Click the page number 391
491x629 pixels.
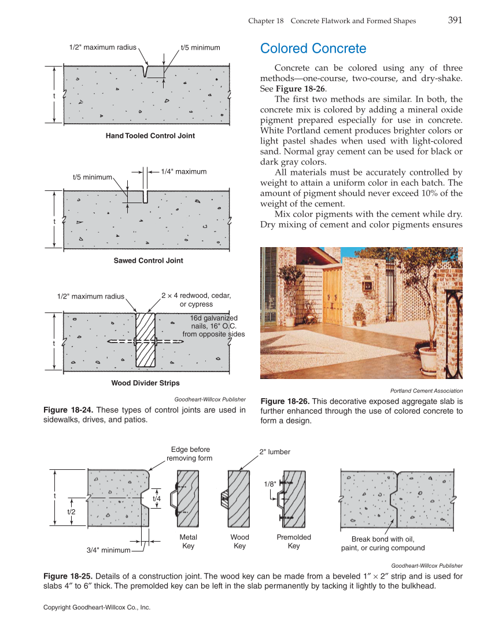pos(455,20)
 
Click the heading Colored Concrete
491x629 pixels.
pos(313,48)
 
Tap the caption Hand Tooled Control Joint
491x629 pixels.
pos(150,136)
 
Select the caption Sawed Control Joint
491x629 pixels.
pos(148,261)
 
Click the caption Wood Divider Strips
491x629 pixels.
pos(145,383)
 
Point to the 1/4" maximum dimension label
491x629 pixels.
pos(183,171)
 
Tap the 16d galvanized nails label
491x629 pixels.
pos(213,326)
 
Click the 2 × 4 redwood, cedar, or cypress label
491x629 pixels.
pos(196,300)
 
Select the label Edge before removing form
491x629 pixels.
pos(190,454)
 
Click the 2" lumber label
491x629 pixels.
pos(274,452)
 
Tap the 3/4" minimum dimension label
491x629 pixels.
pos(108,550)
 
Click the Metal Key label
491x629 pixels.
pos(189,542)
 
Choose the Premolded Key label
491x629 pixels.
pos(294,542)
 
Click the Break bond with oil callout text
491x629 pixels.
pos(383,544)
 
